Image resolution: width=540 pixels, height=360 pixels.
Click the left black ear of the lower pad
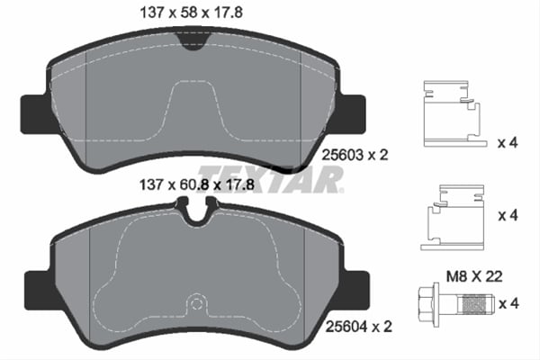(33, 286)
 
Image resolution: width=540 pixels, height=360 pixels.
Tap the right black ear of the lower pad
(355, 286)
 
